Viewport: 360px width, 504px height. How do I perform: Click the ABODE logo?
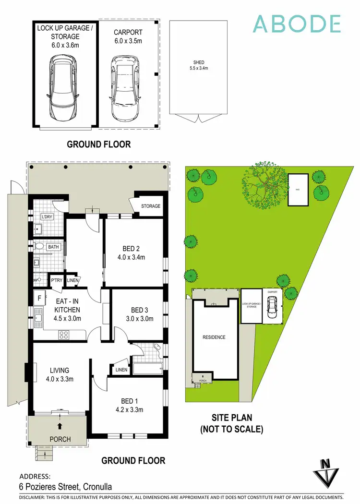[297, 24]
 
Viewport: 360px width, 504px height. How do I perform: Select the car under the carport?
[125, 89]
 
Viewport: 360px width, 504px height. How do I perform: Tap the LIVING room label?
[60, 374]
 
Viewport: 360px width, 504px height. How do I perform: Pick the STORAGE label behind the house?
[150, 206]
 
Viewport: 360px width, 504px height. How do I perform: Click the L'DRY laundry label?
[47, 217]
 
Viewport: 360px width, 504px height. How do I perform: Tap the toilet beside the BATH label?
[39, 247]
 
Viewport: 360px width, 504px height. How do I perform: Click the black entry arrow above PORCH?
[60, 425]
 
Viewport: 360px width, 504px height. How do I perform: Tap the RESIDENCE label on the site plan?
[214, 337]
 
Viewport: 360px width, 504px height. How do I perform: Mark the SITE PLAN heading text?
[232, 423]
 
